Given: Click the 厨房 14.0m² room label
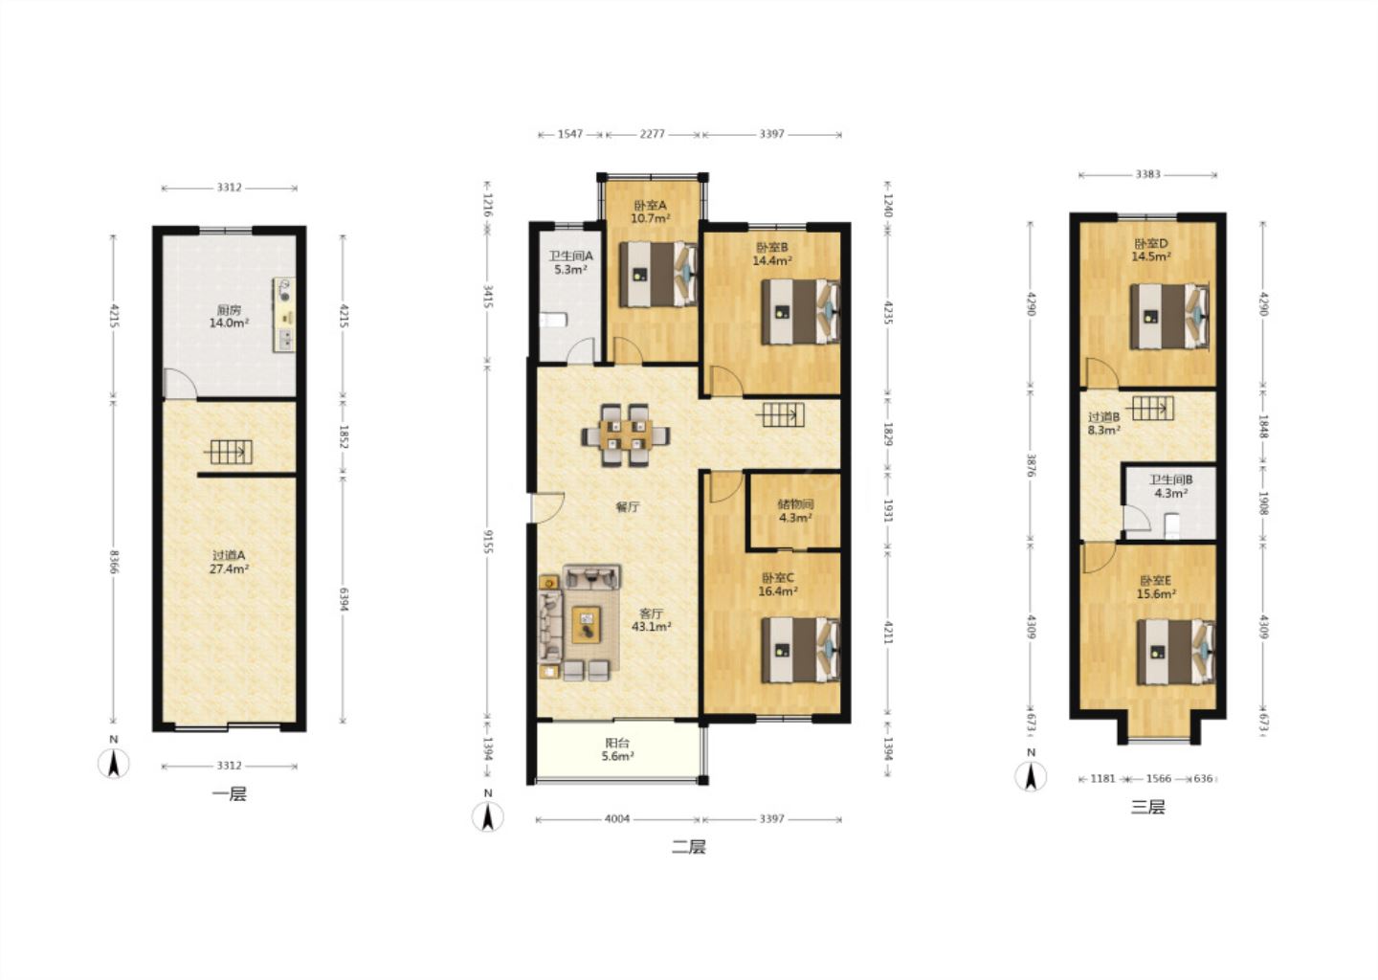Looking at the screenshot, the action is click(229, 316).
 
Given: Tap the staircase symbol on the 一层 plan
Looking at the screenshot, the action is click(228, 452).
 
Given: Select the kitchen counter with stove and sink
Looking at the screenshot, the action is click(283, 314).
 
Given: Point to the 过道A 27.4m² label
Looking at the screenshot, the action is click(229, 563).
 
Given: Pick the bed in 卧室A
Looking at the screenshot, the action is click(658, 275).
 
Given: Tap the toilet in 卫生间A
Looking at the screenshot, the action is click(553, 321).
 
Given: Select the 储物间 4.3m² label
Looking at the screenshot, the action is click(795, 511).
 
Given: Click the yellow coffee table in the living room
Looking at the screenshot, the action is click(587, 624).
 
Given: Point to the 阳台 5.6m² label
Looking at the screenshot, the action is click(617, 749).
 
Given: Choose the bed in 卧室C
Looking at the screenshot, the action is click(801, 650).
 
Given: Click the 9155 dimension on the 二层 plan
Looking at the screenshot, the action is click(487, 542).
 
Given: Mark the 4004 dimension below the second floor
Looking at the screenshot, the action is click(617, 819).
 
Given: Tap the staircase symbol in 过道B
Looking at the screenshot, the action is click(1149, 408).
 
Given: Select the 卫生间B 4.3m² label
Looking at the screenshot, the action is click(1170, 486).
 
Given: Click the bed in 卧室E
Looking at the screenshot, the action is click(1176, 652).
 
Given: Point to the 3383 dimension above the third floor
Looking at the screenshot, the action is click(1148, 175).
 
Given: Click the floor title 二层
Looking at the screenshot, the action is click(688, 847).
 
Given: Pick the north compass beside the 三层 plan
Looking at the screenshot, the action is click(1031, 770).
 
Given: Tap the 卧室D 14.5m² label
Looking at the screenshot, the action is click(1151, 250).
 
